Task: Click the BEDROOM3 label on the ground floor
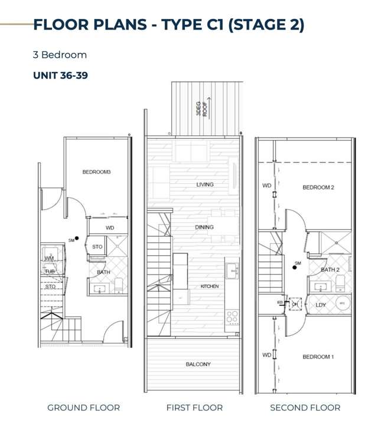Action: (96, 172)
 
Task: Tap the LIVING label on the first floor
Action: (205, 185)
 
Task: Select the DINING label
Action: (204, 227)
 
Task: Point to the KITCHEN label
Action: (209, 286)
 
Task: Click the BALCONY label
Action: (198, 364)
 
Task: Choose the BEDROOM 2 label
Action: (318, 187)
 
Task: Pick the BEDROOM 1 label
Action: (318, 357)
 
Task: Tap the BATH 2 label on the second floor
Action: (330, 270)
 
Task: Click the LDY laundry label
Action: (321, 305)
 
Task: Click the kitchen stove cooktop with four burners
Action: (232, 318)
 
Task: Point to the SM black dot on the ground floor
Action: (77, 239)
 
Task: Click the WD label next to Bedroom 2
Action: (267, 185)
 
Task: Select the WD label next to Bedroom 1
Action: (267, 355)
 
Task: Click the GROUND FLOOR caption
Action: (83, 408)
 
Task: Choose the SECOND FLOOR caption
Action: (305, 408)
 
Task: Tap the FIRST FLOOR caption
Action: (194, 408)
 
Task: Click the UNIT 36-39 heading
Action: (60, 76)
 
